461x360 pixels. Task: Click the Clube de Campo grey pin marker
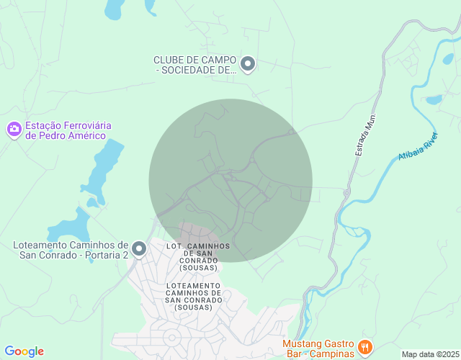pyautogui.click(x=248, y=64)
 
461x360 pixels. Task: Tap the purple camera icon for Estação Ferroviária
pyautogui.click(x=14, y=130)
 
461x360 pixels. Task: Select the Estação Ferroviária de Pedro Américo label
pyautogui.click(x=66, y=130)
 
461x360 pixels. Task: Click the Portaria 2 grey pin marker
pyautogui.click(x=139, y=249)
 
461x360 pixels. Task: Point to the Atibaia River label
pyautogui.click(x=418, y=147)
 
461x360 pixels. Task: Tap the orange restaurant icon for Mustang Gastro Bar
pyautogui.click(x=365, y=348)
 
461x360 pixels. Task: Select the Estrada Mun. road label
pyautogui.click(x=366, y=135)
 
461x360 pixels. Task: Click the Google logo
pyautogui.click(x=24, y=351)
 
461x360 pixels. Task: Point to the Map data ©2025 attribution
pyautogui.click(x=429, y=354)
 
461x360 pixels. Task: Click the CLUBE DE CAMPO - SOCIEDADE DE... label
pyautogui.click(x=195, y=65)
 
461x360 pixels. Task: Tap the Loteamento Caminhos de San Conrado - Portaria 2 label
pyautogui.click(x=71, y=249)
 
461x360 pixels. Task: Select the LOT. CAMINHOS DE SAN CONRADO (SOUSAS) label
pyautogui.click(x=198, y=257)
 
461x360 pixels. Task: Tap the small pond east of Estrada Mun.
pyautogui.click(x=434, y=99)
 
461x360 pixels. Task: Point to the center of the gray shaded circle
pyautogui.click(x=230, y=180)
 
